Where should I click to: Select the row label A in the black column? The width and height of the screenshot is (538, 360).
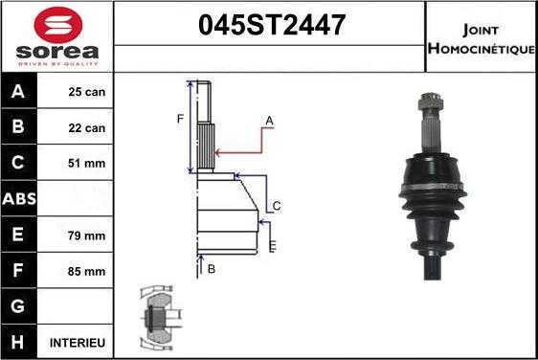[x=19, y=93]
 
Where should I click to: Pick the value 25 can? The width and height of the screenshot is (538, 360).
[x=87, y=93]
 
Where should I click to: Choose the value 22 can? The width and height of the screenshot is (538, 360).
[x=87, y=128]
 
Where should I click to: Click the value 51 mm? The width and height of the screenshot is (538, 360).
[x=87, y=164]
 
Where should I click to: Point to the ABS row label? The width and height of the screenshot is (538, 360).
[x=19, y=199]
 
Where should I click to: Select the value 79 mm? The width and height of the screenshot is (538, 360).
[x=87, y=236]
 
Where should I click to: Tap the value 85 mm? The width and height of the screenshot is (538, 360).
[x=87, y=271]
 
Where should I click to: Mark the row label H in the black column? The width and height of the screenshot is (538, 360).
[x=19, y=342]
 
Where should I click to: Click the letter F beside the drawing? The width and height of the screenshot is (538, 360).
[x=179, y=119]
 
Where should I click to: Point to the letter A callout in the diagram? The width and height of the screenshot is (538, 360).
[x=270, y=120]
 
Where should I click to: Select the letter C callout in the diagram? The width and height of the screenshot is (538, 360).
[x=276, y=206]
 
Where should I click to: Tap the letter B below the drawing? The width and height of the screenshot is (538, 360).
[x=212, y=269]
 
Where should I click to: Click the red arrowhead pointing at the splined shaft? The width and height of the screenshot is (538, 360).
[x=220, y=151]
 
